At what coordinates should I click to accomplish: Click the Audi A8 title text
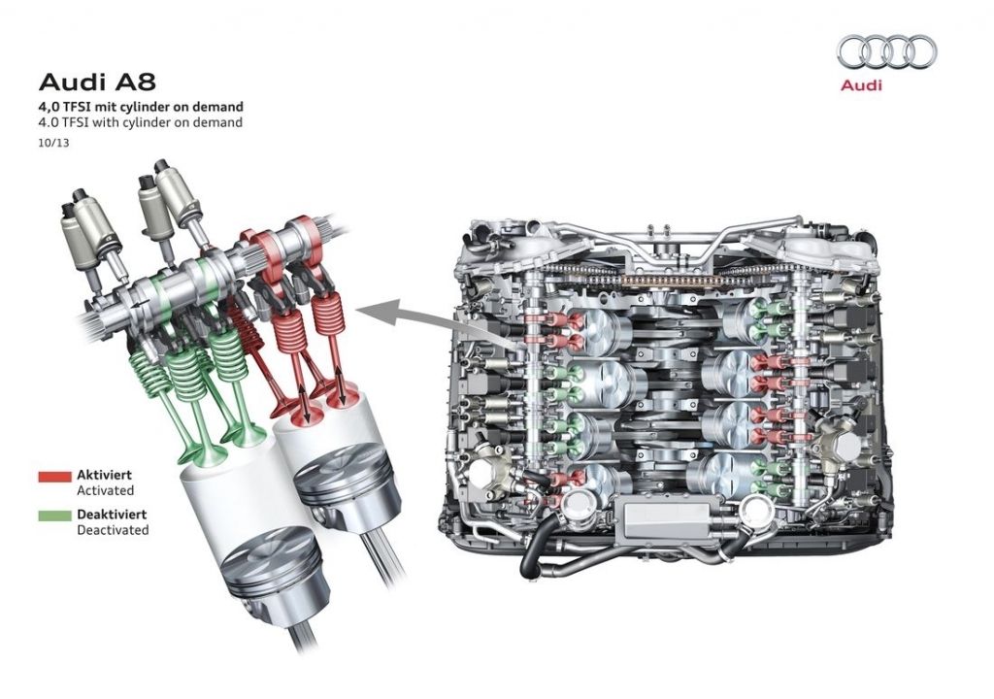[x=97, y=83]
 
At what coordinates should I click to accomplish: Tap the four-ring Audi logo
[x=886, y=51]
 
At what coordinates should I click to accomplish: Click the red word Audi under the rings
[x=861, y=85]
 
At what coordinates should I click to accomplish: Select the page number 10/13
[x=54, y=143]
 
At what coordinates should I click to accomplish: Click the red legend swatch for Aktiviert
[x=54, y=477]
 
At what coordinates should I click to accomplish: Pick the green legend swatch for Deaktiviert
[x=54, y=516]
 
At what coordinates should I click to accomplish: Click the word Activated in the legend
[x=105, y=490]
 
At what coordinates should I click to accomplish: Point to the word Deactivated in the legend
[x=113, y=530]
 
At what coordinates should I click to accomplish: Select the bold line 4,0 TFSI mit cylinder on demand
[x=141, y=107]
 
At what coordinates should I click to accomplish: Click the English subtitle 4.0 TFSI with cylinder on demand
[x=141, y=122]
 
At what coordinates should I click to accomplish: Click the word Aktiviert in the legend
[x=104, y=475]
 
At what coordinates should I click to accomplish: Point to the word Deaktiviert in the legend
[x=112, y=514]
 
